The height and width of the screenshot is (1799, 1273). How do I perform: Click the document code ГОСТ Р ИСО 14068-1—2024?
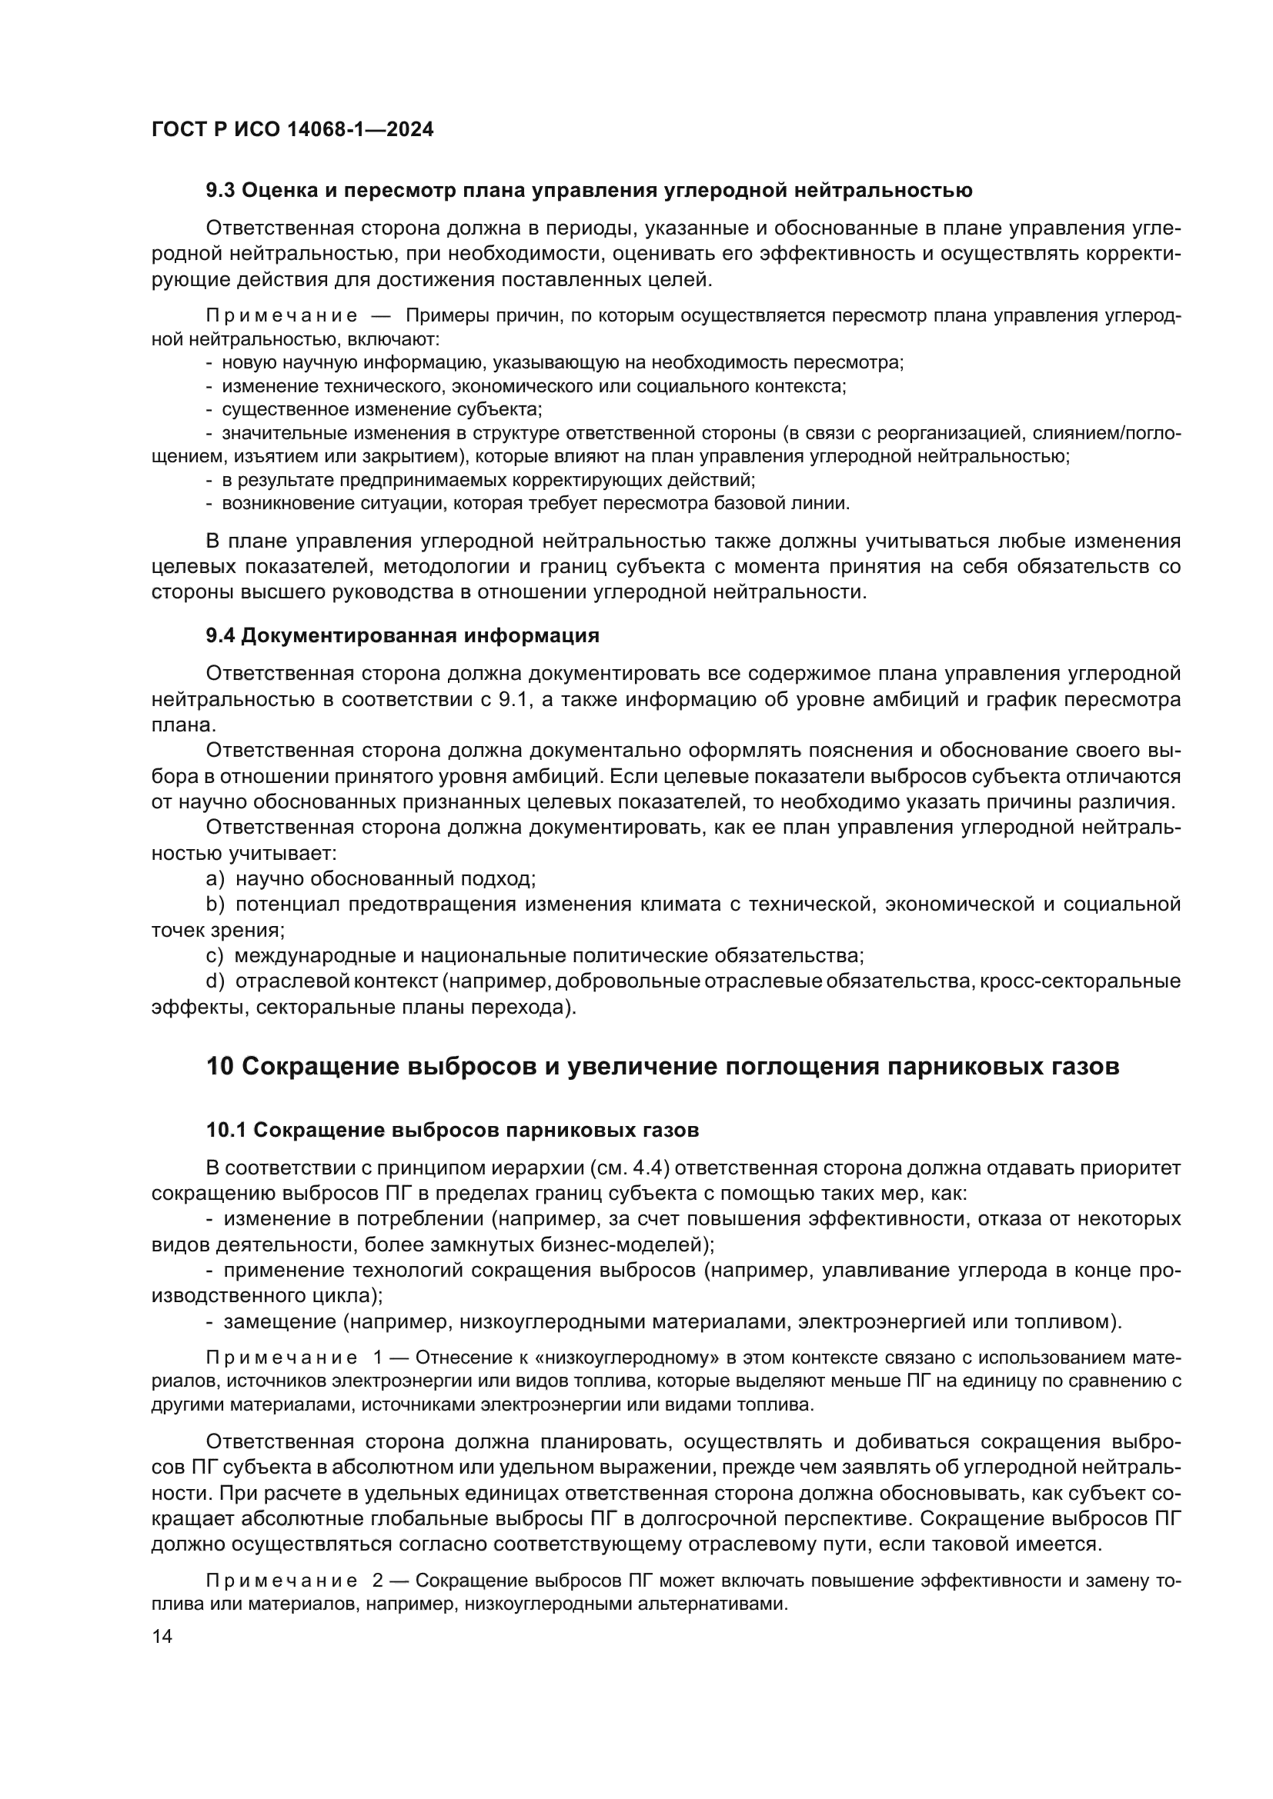point(292,130)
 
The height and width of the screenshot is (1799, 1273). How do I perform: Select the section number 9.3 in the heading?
point(220,191)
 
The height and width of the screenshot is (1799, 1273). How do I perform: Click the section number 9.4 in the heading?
point(220,635)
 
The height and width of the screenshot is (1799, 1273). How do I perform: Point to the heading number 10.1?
point(226,1131)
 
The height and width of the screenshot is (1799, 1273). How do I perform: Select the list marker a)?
point(216,879)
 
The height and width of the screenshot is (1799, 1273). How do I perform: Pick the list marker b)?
point(216,905)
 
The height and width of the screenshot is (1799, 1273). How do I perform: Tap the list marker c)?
point(215,956)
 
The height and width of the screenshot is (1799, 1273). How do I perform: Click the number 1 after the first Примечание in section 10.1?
point(379,1357)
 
